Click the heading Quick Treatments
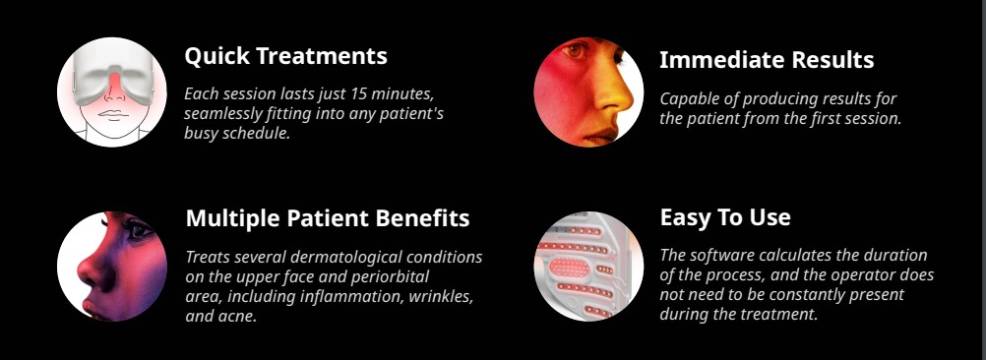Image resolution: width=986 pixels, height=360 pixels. pyautogui.click(x=286, y=56)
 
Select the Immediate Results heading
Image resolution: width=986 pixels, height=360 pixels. pyautogui.click(x=767, y=60)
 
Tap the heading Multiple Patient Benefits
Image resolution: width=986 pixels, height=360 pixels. pyautogui.click(x=328, y=218)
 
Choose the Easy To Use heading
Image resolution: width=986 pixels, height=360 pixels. pyautogui.click(x=725, y=217)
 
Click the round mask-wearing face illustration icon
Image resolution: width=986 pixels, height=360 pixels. pyautogui.click(x=112, y=91)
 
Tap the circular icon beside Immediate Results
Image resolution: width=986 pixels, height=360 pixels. pyautogui.click(x=588, y=91)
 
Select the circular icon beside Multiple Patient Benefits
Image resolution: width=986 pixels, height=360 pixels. pyautogui.click(x=112, y=267)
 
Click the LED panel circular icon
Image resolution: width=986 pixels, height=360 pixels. pyautogui.click(x=588, y=267)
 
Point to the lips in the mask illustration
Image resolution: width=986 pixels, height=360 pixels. pyautogui.click(x=113, y=115)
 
